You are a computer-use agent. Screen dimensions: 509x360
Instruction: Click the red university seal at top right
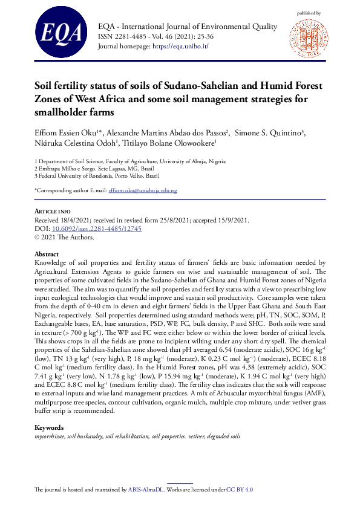click(x=308, y=37)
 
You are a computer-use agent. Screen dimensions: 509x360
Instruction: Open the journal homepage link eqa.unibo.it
click(x=180, y=47)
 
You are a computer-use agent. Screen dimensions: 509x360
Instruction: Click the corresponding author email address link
click(x=142, y=191)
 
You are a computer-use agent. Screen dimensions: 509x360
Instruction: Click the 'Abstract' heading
click(x=47, y=254)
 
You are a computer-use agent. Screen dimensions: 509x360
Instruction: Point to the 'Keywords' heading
click(x=50, y=427)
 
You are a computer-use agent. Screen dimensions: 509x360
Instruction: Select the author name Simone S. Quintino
click(x=269, y=133)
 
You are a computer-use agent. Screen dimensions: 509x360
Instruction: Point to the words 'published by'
click(x=309, y=12)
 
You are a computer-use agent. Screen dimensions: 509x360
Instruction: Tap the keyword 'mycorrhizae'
click(x=50, y=436)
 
